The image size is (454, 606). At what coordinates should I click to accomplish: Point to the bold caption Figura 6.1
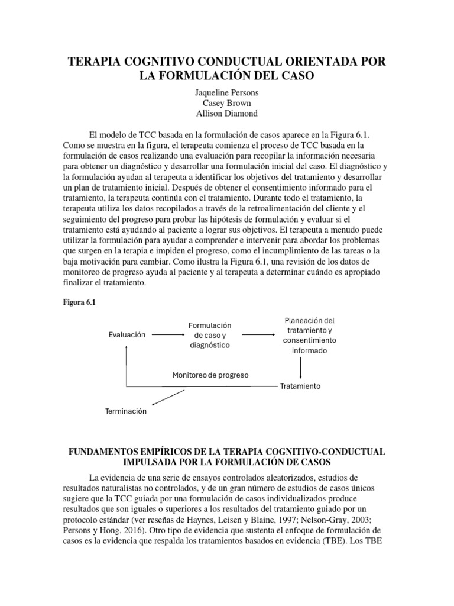[x=79, y=302]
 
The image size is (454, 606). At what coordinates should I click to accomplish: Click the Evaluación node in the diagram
[x=127, y=334]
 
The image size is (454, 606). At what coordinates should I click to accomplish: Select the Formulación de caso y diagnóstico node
[x=209, y=335]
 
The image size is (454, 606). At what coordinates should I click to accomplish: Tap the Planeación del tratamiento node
[x=309, y=335]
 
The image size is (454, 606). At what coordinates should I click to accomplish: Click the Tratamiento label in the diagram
[x=300, y=386]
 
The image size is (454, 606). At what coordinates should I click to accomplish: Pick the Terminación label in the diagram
[x=125, y=411]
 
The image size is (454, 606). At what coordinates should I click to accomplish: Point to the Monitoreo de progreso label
[x=210, y=375]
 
